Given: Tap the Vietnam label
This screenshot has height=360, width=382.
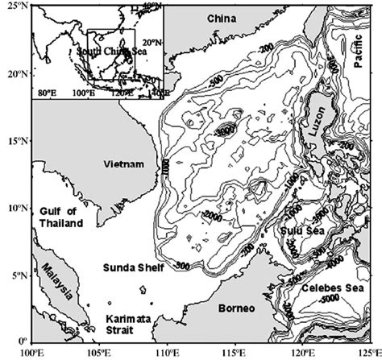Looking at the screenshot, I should coord(124,164).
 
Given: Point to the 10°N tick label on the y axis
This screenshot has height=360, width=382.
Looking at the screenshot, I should coord(15,208).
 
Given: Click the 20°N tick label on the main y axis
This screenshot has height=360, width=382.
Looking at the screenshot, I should coord(15,73).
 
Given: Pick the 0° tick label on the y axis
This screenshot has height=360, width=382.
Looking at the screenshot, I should coord(21,341).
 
